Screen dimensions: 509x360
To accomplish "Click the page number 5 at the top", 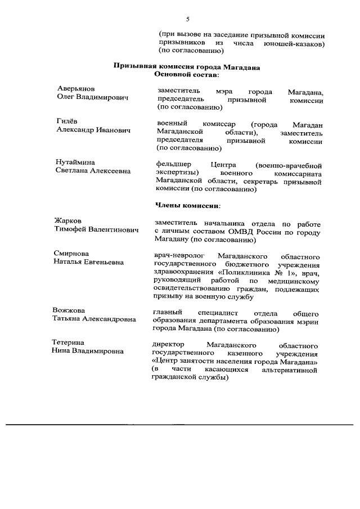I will pyautogui.click(x=187, y=20).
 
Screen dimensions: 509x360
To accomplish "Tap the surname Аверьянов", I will pyautogui.click(x=76, y=89).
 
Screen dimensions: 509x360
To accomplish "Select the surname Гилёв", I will pyautogui.click(x=67, y=121).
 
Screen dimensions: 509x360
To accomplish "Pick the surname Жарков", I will pyautogui.click(x=68, y=220).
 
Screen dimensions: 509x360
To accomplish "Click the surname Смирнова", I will pyautogui.click(x=71, y=254).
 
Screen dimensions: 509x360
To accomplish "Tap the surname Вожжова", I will pyautogui.click(x=69, y=310).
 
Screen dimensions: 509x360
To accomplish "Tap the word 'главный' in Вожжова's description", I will pyautogui.click(x=166, y=313).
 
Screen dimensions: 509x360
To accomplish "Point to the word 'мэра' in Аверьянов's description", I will pyautogui.click(x=223, y=92).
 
